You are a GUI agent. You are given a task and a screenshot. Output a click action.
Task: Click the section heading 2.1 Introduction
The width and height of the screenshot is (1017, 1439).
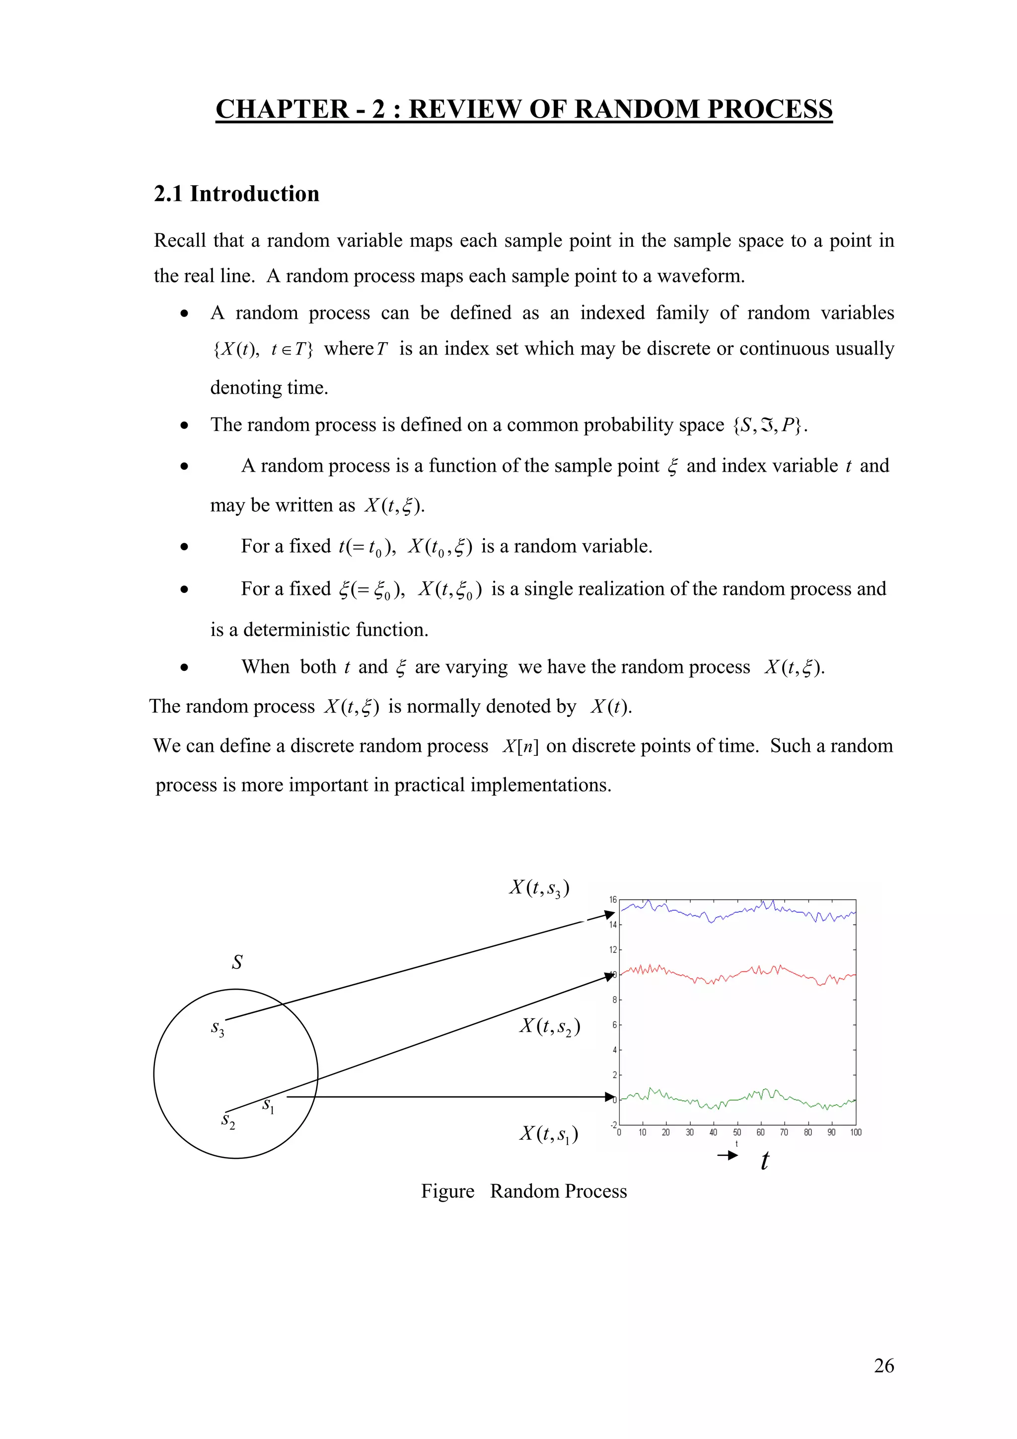(x=236, y=194)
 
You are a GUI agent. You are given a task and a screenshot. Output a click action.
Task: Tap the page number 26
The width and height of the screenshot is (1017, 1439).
(x=883, y=1365)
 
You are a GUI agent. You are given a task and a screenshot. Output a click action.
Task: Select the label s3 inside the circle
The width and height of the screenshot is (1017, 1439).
(x=217, y=1028)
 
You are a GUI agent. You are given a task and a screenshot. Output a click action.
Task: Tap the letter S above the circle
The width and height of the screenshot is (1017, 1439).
(x=237, y=962)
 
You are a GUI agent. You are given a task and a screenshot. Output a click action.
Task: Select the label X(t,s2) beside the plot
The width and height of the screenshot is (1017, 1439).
(x=550, y=1026)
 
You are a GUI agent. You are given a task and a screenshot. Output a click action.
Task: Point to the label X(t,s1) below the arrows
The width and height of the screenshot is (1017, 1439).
(x=548, y=1133)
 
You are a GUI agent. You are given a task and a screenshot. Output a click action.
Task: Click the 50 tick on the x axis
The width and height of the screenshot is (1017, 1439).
(x=737, y=1132)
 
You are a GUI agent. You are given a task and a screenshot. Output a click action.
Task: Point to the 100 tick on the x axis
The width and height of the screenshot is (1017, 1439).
(x=855, y=1132)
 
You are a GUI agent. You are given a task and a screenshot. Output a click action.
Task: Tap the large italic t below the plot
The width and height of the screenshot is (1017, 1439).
(x=764, y=1161)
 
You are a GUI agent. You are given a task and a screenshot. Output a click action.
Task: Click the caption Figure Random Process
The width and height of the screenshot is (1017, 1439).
(x=524, y=1191)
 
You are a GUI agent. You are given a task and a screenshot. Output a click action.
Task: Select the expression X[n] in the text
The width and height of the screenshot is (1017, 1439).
(x=520, y=746)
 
